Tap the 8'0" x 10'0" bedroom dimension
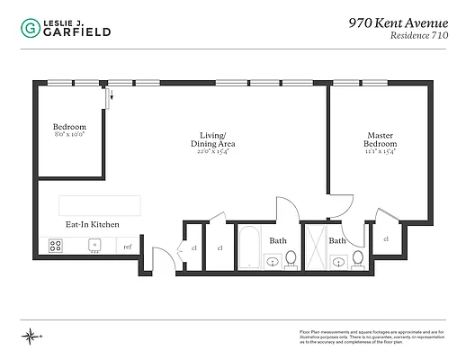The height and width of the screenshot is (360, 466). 69,137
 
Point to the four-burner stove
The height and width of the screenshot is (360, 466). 56,245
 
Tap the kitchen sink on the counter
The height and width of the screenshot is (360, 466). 94,245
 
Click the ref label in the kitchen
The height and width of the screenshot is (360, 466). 127,246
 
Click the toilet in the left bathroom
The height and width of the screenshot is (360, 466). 291,259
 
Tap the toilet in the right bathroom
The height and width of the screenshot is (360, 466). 358,259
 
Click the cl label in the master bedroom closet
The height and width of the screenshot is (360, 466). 385,238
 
